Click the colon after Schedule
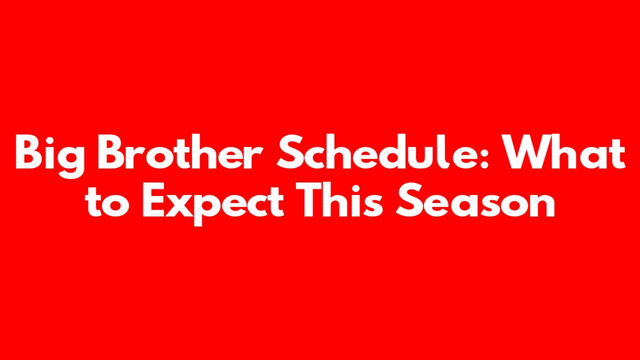tap(483, 157)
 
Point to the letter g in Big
tap(70, 160)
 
